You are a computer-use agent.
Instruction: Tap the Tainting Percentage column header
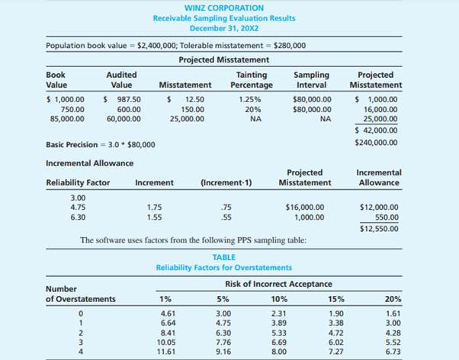pyautogui.click(x=252, y=79)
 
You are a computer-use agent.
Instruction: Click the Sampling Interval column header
pyautogui.click(x=312, y=79)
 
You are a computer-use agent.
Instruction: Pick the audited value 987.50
pyautogui.click(x=123, y=99)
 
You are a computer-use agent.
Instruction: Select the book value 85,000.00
pyautogui.click(x=66, y=119)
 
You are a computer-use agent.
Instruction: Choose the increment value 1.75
pyautogui.click(x=153, y=207)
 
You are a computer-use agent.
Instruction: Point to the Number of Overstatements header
pyautogui.click(x=81, y=294)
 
